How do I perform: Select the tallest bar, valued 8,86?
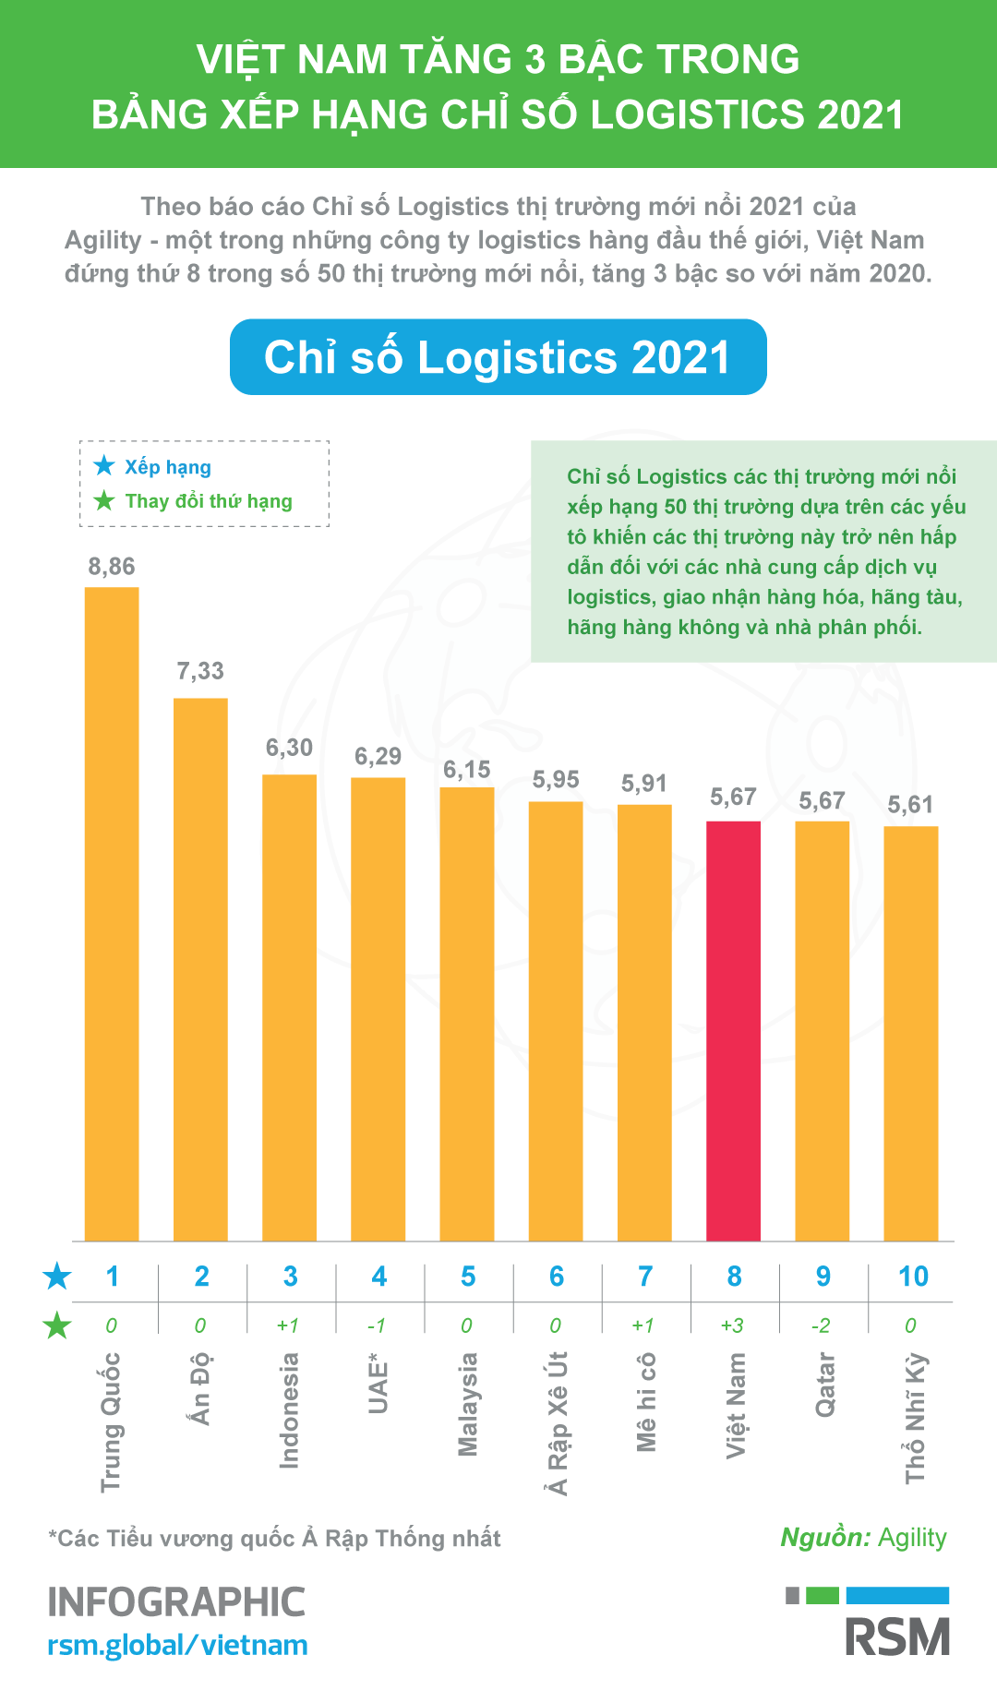coord(112,914)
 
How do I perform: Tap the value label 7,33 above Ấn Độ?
coord(200,671)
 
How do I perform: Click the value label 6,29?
coord(378,757)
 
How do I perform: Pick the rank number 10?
coord(913,1277)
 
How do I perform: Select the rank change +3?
coord(732,1325)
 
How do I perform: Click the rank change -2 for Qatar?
coord(821,1325)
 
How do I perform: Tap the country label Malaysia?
coord(468,1404)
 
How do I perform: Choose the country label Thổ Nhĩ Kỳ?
coord(915,1418)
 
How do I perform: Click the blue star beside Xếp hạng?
coord(104,466)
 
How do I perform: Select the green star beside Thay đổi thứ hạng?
coord(104,500)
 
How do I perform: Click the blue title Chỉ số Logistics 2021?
coord(498,357)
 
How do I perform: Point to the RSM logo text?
coord(897,1637)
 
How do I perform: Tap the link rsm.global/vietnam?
coord(177,1645)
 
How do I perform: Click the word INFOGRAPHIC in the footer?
coord(176,1602)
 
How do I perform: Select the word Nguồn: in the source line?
coord(825,1538)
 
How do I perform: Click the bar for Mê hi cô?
coord(644,1022)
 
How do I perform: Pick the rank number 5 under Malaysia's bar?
coord(468,1277)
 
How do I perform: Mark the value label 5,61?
coord(910,805)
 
